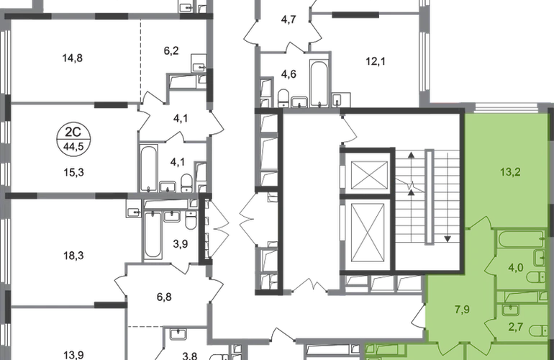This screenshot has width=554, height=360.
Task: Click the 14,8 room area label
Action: click(73, 58)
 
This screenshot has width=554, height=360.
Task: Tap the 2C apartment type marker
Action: click(73, 132)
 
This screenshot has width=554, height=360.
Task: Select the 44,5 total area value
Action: click(73, 145)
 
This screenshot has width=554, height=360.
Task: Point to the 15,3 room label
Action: click(73, 172)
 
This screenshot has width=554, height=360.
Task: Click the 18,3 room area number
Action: click(73, 255)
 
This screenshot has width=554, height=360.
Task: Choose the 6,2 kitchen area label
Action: click(171, 50)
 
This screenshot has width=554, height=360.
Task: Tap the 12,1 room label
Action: click(376, 61)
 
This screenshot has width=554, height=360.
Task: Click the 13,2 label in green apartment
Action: click(510, 172)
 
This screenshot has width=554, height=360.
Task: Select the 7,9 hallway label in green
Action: click(462, 310)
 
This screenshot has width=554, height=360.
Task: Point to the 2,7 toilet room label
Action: click(515, 327)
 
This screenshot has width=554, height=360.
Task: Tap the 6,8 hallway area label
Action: click(164, 297)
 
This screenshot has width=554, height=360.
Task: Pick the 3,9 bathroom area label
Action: click(180, 243)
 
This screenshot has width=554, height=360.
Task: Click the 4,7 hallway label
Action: click(289, 19)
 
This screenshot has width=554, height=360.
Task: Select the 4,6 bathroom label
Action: click(289, 74)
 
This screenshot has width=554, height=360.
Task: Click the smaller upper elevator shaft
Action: click(370, 176)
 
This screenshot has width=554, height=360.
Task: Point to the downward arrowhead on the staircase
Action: click(448, 239)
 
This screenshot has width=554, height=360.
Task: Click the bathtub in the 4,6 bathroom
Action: click(319, 84)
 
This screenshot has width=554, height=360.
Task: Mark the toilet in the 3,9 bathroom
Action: click(191, 220)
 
